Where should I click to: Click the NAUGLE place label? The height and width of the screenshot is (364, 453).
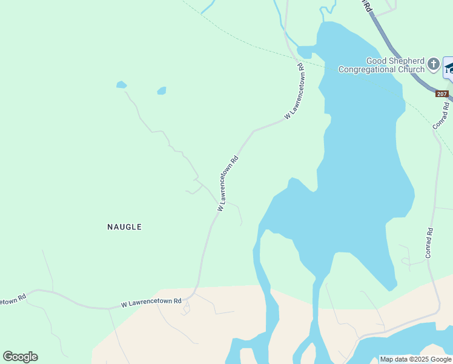[x=124, y=227]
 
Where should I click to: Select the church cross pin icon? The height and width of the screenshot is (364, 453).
[x=433, y=63]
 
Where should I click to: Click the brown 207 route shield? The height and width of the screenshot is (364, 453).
[x=442, y=93]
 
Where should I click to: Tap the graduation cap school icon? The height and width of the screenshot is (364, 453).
[x=449, y=68]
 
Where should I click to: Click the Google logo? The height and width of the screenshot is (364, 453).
[x=20, y=357]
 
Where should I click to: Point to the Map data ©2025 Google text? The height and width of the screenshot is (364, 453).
[x=416, y=359]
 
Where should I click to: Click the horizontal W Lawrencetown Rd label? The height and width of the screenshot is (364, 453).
[x=151, y=302]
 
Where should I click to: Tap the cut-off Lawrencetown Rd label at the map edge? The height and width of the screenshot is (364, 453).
[x=12, y=300]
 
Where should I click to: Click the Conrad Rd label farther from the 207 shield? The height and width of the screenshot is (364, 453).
[x=429, y=243]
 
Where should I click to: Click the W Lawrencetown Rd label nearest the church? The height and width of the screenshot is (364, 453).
[x=294, y=91]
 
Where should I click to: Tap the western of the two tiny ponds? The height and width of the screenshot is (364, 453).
[x=121, y=85]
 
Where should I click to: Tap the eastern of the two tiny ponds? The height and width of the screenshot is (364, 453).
[x=161, y=91]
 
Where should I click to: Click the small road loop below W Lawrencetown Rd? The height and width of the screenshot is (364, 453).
[x=185, y=309]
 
